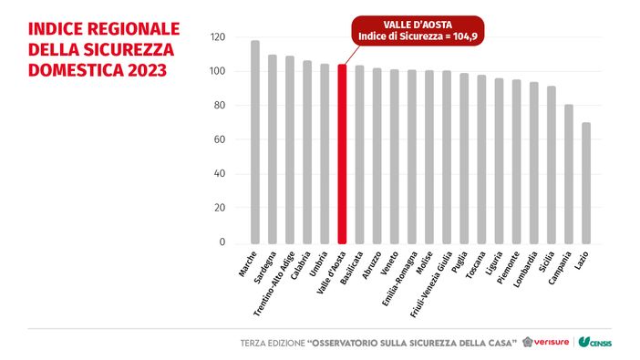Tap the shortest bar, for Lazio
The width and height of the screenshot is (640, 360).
586,182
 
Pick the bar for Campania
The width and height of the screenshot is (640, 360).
569,173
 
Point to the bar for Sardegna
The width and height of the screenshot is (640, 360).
273,149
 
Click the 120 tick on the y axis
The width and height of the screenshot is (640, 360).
216,37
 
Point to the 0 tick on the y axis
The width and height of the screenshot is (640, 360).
222,242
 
